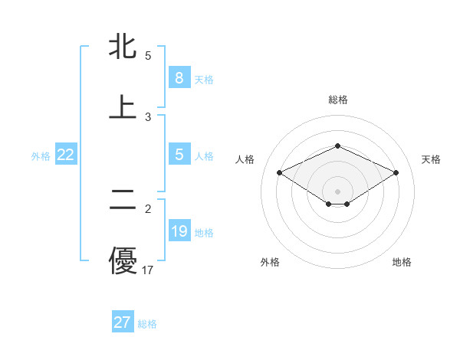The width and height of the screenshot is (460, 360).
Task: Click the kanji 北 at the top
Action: pos(123,47)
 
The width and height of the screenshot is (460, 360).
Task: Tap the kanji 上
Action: pos(123,106)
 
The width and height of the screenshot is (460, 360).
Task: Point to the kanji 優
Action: pos(123,260)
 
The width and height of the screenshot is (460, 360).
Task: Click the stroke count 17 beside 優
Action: pos(148,270)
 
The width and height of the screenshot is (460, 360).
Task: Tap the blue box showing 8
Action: pos(179,77)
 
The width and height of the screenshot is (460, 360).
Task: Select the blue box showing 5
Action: pos(179,155)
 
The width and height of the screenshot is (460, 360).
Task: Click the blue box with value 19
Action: pos(179,231)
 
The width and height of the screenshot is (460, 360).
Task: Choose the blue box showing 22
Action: pos(65,155)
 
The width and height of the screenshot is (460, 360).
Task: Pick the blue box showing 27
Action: pos(122,322)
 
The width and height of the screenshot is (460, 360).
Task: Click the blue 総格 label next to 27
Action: pos(147,324)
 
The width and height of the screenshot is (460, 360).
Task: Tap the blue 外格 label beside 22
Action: pos(41,156)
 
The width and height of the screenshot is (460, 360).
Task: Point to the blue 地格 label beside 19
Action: pos(204,233)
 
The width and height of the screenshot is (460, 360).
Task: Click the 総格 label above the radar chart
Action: pos(337,100)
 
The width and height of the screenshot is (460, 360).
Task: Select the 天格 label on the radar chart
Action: pos(431,159)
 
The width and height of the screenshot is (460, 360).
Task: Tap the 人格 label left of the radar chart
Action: pos(245,159)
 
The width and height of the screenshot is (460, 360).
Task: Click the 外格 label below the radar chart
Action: pos(270,262)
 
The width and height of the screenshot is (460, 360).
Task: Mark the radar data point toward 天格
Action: pos(396,172)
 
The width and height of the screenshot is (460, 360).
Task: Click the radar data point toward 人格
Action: pos(280,172)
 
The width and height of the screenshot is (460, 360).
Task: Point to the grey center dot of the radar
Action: pos(337,191)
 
